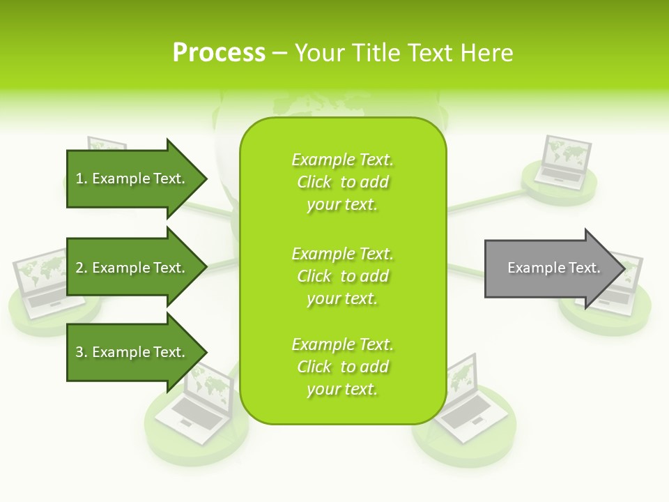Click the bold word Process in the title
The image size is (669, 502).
219,53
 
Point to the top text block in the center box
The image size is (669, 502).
342,182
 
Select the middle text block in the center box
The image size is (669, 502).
342,276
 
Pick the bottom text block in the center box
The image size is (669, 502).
342,367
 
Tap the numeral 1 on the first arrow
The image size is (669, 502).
79,179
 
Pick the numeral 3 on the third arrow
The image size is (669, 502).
79,353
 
